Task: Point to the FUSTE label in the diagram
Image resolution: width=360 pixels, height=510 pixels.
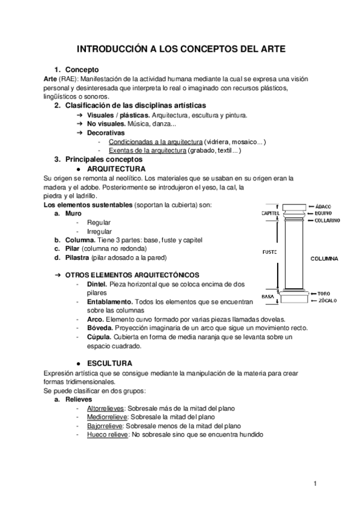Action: [x=269, y=252]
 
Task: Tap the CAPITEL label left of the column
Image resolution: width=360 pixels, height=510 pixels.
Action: [x=270, y=213]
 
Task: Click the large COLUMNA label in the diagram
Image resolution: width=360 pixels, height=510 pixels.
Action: [x=324, y=259]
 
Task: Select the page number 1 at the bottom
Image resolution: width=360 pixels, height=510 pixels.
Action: [x=314, y=483]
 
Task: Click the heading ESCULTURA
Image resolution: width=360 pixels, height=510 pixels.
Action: [x=109, y=363]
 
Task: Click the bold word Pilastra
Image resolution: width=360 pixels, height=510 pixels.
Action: [x=77, y=257]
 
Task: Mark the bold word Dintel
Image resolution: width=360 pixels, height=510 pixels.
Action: [x=97, y=283]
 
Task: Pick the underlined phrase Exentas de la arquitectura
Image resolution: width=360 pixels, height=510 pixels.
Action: [x=147, y=151]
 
